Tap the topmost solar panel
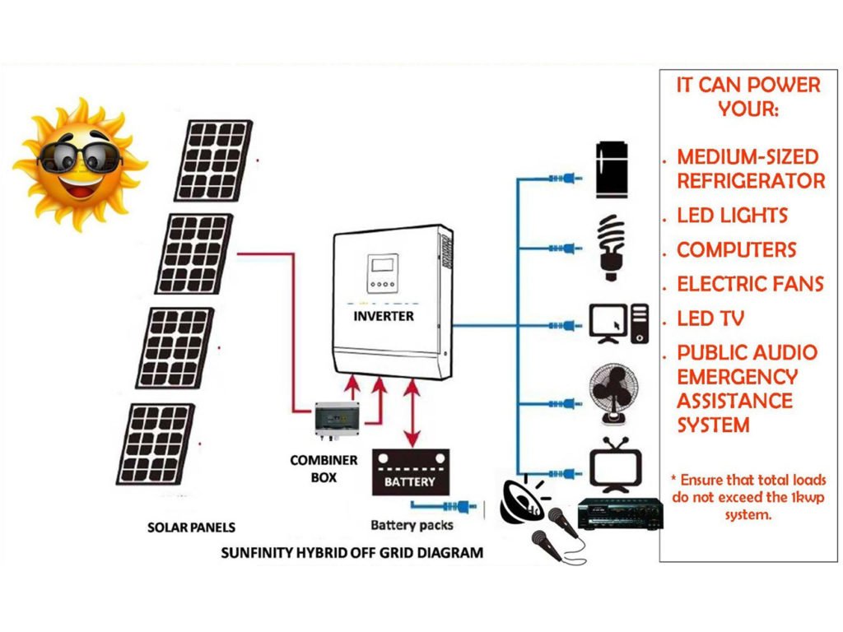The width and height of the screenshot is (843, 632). (215, 160)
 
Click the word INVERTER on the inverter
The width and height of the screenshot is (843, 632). (384, 316)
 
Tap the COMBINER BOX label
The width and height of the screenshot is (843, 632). (324, 469)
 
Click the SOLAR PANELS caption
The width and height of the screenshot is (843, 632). (191, 527)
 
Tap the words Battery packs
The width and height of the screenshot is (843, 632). (412, 525)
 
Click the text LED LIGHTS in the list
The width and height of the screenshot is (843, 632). (732, 216)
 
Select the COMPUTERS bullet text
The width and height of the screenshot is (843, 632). (737, 250)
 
